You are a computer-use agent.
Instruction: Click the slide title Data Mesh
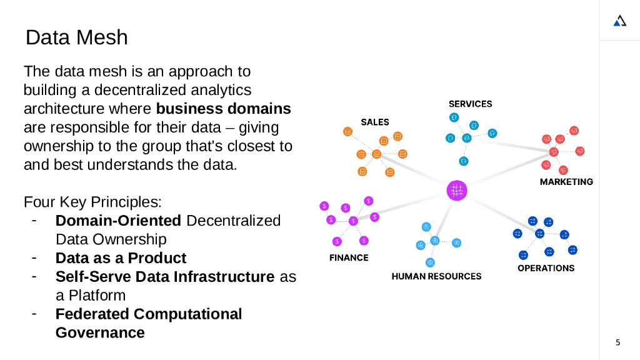coord(76,37)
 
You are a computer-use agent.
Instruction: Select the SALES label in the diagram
coord(374,122)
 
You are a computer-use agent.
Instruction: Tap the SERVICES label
coord(470,104)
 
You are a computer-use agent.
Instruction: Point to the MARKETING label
coord(566,182)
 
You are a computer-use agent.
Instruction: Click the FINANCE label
coord(349,257)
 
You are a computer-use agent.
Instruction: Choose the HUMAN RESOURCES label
coord(436,276)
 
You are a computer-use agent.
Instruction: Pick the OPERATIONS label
coord(546,268)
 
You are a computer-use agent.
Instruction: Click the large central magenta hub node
coord(457,190)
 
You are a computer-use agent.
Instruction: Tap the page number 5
coord(618,342)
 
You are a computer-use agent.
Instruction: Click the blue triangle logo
coord(619,21)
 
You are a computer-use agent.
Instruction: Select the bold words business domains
coord(223,109)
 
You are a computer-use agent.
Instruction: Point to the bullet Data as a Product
coord(121,258)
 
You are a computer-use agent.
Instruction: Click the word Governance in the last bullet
coord(100,332)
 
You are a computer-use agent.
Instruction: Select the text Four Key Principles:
coord(92,202)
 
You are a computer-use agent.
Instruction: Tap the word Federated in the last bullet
coord(91,314)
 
